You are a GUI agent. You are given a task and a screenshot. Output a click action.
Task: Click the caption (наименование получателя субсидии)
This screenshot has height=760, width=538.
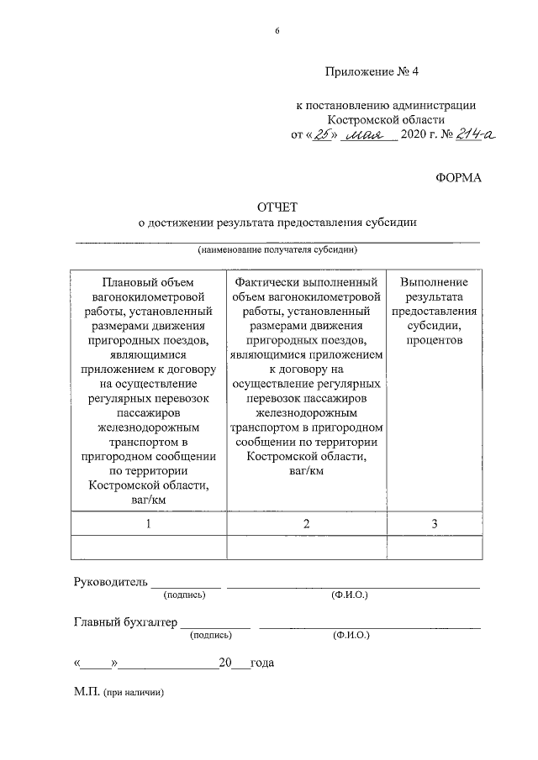[x=278, y=250]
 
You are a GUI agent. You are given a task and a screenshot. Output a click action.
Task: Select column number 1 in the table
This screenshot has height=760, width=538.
[x=148, y=523]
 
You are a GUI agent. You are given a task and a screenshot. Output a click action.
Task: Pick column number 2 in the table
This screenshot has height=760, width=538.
[x=307, y=523]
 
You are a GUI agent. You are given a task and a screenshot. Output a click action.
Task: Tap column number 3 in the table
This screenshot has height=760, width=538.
[x=434, y=523]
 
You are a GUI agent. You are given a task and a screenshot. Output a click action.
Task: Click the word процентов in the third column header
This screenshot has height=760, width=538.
[x=435, y=341]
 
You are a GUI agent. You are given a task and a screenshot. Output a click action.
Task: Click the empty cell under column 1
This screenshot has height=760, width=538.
[x=148, y=548]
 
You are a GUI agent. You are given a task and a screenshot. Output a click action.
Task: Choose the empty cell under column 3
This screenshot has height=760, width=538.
[x=434, y=548]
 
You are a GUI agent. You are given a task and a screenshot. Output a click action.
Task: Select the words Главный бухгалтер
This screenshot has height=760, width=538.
[x=126, y=622]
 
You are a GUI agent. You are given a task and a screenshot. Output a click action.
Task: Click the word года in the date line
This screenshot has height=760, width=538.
[x=262, y=663]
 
